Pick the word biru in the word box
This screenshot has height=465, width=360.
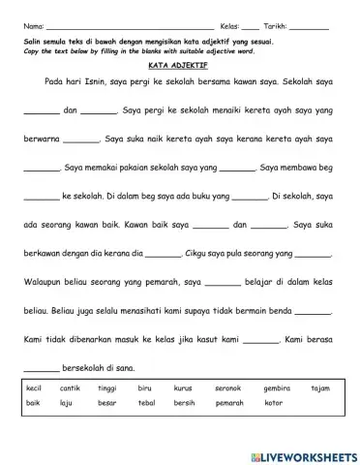145,387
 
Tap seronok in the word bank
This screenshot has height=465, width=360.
228,387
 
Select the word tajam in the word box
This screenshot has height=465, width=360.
320,387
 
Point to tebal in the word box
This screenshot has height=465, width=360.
147,402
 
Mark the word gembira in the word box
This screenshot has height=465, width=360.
277,387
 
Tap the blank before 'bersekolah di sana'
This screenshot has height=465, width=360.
41,367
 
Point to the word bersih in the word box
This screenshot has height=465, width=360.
185,402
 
